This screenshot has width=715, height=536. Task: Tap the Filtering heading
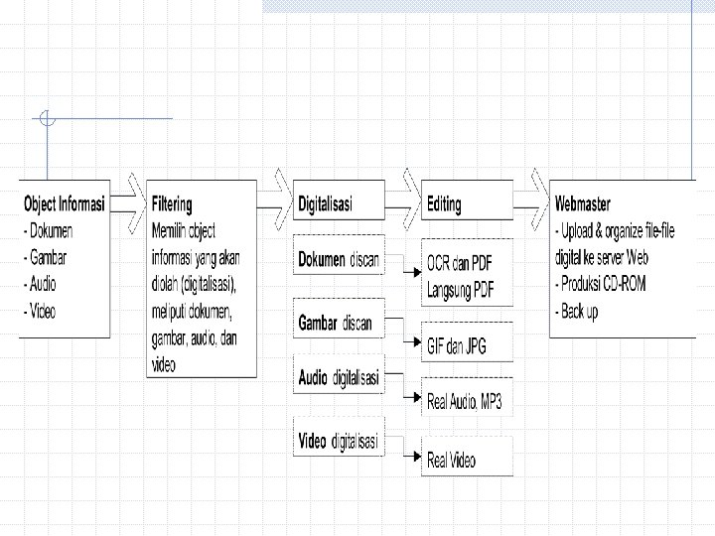click(172, 204)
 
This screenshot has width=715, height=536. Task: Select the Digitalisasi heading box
click(325, 204)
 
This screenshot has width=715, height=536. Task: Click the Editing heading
click(444, 204)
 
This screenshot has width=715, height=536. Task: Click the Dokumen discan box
click(339, 260)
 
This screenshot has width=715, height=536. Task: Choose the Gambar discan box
click(338, 323)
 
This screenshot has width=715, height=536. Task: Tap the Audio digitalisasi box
click(339, 378)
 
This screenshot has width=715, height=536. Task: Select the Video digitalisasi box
click(339, 442)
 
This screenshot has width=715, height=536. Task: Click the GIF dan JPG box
click(457, 348)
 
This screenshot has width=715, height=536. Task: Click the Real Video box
click(452, 460)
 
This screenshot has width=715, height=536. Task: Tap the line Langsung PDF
click(460, 290)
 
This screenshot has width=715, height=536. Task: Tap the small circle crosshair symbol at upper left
click(47, 120)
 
